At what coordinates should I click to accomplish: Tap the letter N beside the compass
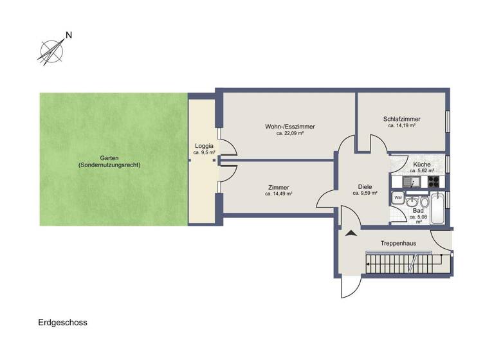click(x=68, y=36)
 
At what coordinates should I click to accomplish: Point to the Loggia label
click(x=204, y=146)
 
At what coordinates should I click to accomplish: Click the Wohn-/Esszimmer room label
click(x=289, y=127)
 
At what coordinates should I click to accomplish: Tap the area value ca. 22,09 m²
click(x=289, y=134)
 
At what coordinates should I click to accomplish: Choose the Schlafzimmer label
click(x=401, y=119)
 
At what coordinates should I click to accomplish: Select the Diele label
click(x=364, y=186)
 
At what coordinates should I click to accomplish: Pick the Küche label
click(x=421, y=165)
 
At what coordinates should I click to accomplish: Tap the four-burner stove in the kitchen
click(x=434, y=181)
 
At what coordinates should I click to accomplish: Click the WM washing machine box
click(x=398, y=197)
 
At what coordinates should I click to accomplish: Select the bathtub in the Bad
click(x=437, y=209)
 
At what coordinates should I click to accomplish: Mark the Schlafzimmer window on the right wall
click(x=447, y=122)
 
